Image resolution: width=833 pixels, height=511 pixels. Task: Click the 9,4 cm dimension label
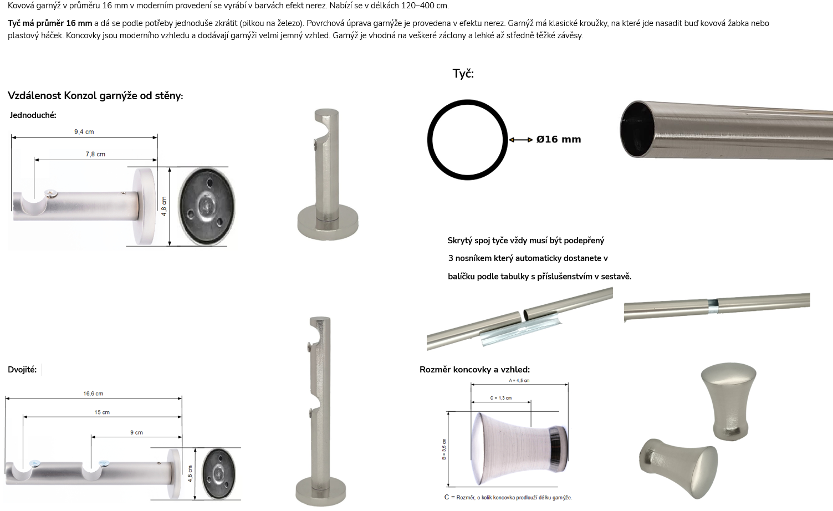tap(84, 132)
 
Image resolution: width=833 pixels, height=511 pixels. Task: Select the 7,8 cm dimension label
tap(95, 154)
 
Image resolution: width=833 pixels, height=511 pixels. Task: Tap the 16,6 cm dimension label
tap(93, 394)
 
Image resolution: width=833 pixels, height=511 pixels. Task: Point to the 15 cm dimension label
tap(102, 412)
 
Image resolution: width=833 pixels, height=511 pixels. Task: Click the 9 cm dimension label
tap(136, 432)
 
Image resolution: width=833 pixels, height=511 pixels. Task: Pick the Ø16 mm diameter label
tap(559, 139)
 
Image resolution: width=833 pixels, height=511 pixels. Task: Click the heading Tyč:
tap(463, 73)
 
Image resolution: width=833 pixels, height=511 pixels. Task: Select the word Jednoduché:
tap(33, 115)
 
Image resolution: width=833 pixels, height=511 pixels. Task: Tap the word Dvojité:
tap(22, 369)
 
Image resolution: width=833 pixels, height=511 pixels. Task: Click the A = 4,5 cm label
tap(519, 380)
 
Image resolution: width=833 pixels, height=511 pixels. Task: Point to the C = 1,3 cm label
tap(501, 398)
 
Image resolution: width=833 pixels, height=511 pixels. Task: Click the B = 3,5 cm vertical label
tap(444, 449)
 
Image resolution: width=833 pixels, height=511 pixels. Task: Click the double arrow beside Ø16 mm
tap(520, 140)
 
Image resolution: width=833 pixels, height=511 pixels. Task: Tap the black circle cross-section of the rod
tap(467, 100)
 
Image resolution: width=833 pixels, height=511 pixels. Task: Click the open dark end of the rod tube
tap(637, 129)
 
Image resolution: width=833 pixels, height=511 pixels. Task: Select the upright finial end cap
tap(729, 402)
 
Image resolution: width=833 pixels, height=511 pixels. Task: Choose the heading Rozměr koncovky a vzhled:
tap(474, 369)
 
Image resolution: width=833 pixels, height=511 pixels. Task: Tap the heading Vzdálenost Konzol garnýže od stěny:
tap(95, 96)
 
